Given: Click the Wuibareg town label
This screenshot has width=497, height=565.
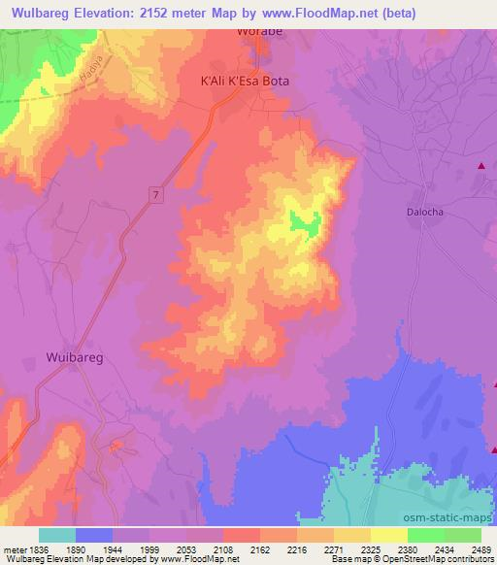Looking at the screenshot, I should pyautogui.click(x=81, y=356).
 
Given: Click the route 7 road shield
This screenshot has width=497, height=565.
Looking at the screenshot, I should pyautogui.click(x=154, y=195).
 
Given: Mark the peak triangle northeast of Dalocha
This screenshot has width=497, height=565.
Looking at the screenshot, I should pyautogui.click(x=480, y=167).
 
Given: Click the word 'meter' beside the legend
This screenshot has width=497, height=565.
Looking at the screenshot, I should pyautogui.click(x=12, y=548).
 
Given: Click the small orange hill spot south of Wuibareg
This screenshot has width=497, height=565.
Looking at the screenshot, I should pyautogui.click(x=116, y=446).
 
